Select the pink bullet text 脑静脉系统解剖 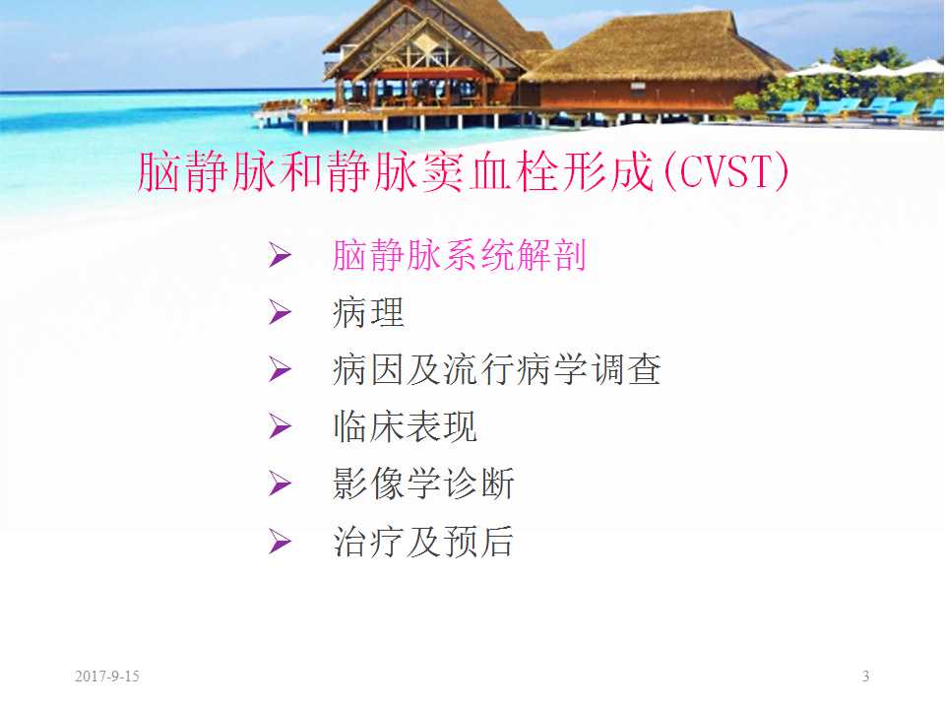coord(460,256)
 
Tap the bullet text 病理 coord(369,313)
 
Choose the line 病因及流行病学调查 coord(497,370)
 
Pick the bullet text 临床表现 coord(406,427)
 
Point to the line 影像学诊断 coord(423,484)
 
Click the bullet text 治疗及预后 coord(423,542)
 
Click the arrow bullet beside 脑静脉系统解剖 coord(281,257)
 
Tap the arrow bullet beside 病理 coord(281,314)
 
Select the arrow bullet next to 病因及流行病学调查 coord(281,371)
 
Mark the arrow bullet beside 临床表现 coord(281,428)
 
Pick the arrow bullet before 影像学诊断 coord(281,485)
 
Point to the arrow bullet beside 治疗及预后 coord(281,543)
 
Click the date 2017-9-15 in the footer coord(107,677)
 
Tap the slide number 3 coord(865,677)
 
